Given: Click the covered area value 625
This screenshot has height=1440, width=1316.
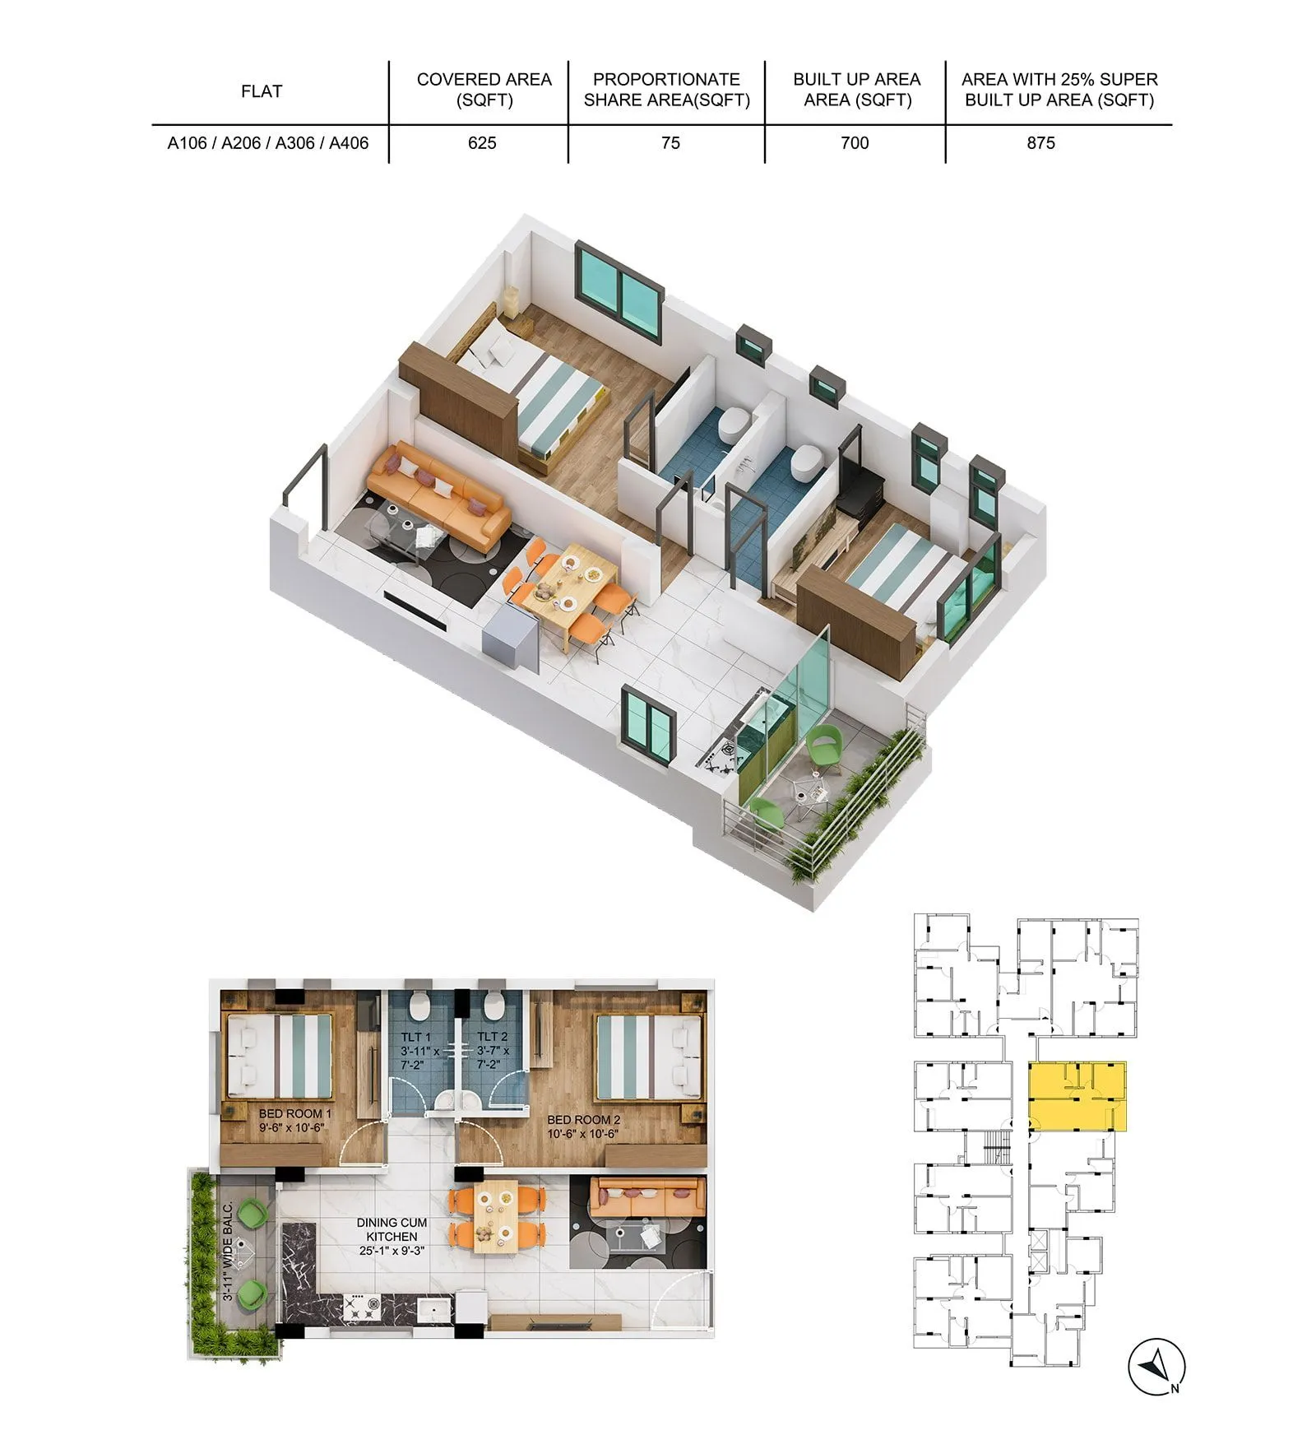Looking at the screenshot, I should [482, 143].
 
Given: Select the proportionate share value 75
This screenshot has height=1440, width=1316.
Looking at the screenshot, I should [670, 143].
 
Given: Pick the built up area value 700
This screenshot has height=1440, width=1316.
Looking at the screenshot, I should [855, 143].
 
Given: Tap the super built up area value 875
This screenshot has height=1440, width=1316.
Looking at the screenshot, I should [1040, 143].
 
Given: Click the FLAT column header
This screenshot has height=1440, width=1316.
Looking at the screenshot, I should [262, 91].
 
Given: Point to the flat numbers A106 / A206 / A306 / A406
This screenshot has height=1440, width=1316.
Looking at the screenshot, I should [268, 143].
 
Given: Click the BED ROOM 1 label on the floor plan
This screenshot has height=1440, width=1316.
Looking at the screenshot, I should [294, 1120].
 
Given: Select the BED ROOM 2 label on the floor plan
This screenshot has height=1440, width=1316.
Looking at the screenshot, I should [583, 1126].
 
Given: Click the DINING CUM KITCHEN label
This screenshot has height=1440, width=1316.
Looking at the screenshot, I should [392, 1236].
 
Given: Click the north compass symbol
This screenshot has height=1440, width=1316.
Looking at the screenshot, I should [1156, 1367].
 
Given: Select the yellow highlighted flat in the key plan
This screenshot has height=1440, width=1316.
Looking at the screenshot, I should [1077, 1097].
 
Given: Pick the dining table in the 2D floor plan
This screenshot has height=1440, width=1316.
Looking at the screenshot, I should [496, 1215].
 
